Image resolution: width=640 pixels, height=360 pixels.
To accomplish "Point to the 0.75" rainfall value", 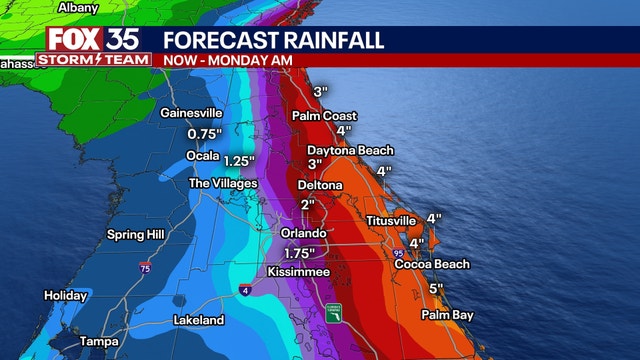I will point(204,134).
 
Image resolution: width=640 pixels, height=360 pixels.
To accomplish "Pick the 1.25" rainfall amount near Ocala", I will point(238,160).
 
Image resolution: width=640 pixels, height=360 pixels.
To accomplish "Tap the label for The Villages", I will point(223,183).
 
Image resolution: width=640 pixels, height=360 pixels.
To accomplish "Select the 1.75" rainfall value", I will point(298,253).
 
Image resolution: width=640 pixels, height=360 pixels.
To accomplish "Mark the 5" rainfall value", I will point(435,289).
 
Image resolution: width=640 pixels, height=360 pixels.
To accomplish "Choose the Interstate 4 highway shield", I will point(243,291).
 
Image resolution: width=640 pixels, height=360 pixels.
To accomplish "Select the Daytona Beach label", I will point(349,150).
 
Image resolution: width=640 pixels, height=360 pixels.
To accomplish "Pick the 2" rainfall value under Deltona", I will point(308,205).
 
